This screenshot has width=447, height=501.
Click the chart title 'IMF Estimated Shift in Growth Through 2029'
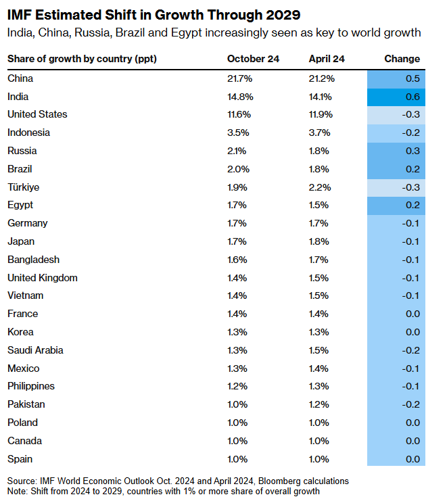154,14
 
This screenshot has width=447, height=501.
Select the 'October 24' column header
253,59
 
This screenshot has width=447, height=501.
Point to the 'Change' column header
402,59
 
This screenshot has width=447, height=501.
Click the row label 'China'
20,78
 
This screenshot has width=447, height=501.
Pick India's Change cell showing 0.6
396,96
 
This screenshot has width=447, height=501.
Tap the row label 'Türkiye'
24,187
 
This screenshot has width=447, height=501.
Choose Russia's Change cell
396,151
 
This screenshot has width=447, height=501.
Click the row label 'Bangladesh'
33,259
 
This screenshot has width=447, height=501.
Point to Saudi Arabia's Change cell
396,350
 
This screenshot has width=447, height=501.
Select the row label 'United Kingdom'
42,277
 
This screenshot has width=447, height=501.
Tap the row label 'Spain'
20,458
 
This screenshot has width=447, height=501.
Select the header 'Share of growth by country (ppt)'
82,59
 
